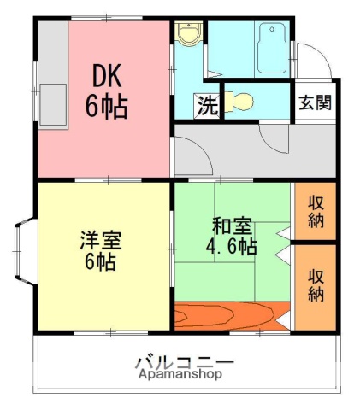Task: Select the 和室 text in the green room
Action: [231, 226]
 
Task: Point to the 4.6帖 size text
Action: [231, 248]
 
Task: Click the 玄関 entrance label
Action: [315, 102]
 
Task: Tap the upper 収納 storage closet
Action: [316, 212]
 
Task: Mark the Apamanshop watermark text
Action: [179, 374]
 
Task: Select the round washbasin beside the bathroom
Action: [188, 34]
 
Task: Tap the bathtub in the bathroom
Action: [274, 47]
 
